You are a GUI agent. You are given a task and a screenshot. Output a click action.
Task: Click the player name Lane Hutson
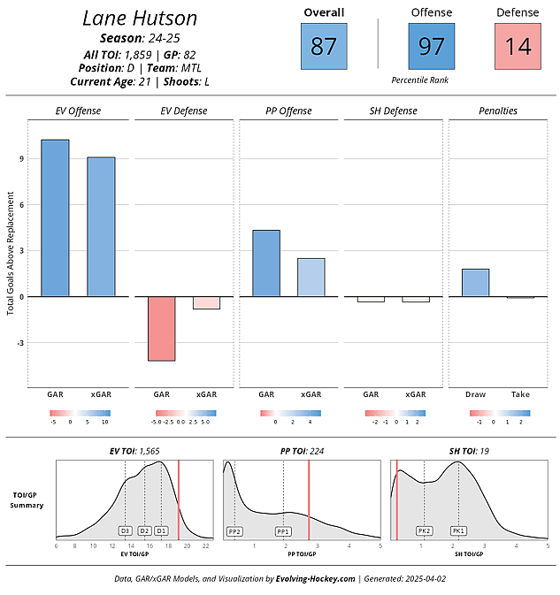(140, 19)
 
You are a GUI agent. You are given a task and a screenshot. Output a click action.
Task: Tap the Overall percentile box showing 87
(324, 46)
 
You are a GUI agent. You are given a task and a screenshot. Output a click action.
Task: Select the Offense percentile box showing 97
(431, 46)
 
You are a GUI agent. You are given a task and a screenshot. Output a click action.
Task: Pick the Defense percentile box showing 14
(518, 46)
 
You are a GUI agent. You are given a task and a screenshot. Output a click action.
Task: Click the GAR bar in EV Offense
(55, 217)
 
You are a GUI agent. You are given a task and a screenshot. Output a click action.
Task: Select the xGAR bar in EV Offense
(101, 226)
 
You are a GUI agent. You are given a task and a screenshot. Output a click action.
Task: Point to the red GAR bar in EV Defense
(161, 328)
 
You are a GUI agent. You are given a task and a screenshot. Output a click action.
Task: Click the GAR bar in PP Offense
(266, 263)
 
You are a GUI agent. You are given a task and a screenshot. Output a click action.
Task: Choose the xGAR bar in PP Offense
(311, 277)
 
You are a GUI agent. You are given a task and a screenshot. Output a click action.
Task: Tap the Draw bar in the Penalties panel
(476, 282)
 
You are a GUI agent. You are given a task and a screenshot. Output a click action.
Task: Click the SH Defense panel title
(394, 111)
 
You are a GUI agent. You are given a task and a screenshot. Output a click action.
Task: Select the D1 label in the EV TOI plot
(161, 531)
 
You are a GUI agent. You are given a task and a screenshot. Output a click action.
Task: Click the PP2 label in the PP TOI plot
(234, 531)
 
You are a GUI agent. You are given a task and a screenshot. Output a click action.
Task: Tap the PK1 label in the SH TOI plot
(458, 531)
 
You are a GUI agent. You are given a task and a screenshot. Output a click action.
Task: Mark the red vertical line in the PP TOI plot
(309, 500)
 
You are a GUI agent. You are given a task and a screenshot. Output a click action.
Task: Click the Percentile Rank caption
(419, 80)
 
